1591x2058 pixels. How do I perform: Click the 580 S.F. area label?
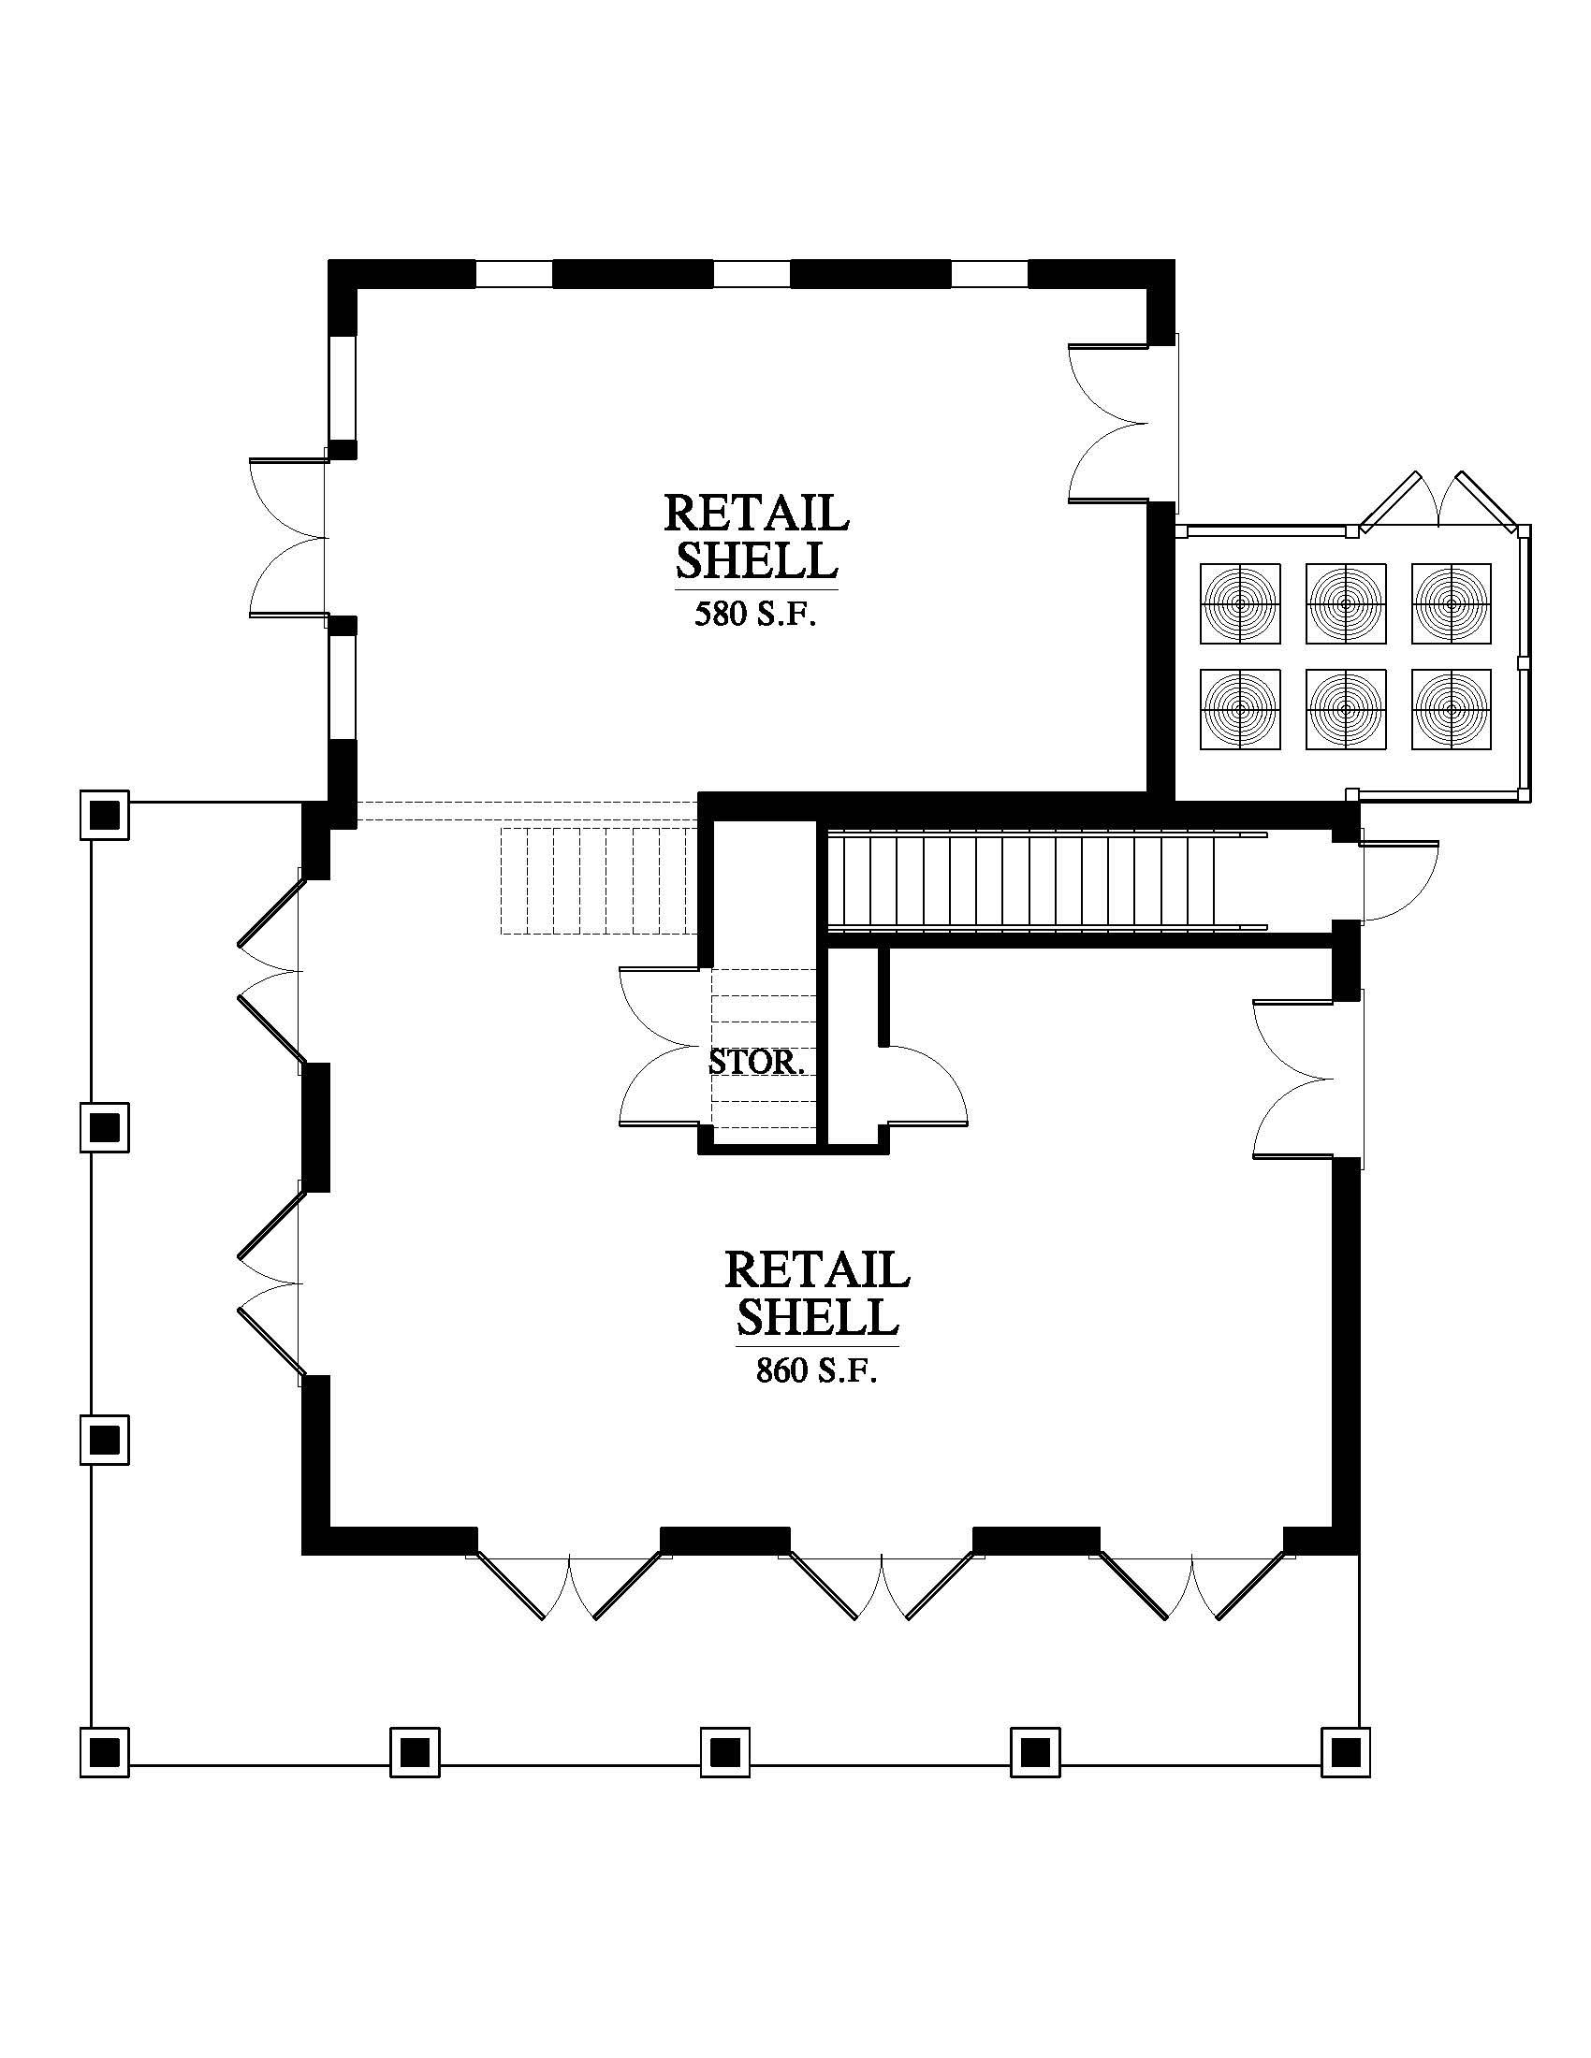[755, 615]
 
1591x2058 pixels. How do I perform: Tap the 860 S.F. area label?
[816, 1370]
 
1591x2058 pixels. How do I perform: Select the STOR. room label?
[757, 1062]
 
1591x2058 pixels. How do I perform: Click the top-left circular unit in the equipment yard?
[1240, 604]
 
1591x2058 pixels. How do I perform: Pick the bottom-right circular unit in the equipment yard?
[1452, 710]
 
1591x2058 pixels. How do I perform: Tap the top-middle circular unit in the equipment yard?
[1346, 604]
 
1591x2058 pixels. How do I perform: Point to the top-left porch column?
[104, 814]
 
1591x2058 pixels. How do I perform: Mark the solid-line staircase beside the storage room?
[1046, 881]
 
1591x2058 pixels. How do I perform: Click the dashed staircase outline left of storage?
[599, 881]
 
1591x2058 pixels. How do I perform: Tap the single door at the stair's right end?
[1399, 880]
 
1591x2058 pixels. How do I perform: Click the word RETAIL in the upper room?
[757, 513]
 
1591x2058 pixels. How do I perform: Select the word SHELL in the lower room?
[817, 1316]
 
